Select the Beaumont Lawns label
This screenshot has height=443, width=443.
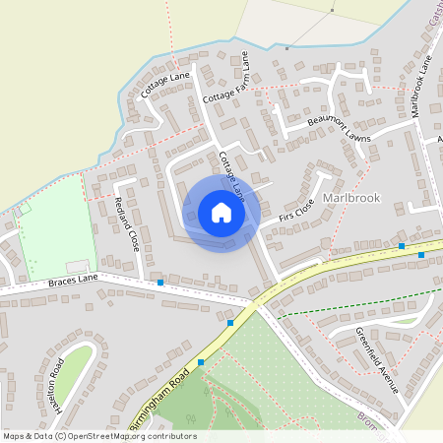click(339, 129)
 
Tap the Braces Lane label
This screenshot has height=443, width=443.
click(73, 281)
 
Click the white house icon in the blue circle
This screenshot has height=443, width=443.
click(221, 213)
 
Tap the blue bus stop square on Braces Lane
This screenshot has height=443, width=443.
click(160, 283)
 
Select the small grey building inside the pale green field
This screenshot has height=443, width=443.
click(77, 267)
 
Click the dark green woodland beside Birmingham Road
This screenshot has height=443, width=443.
click(177, 409)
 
